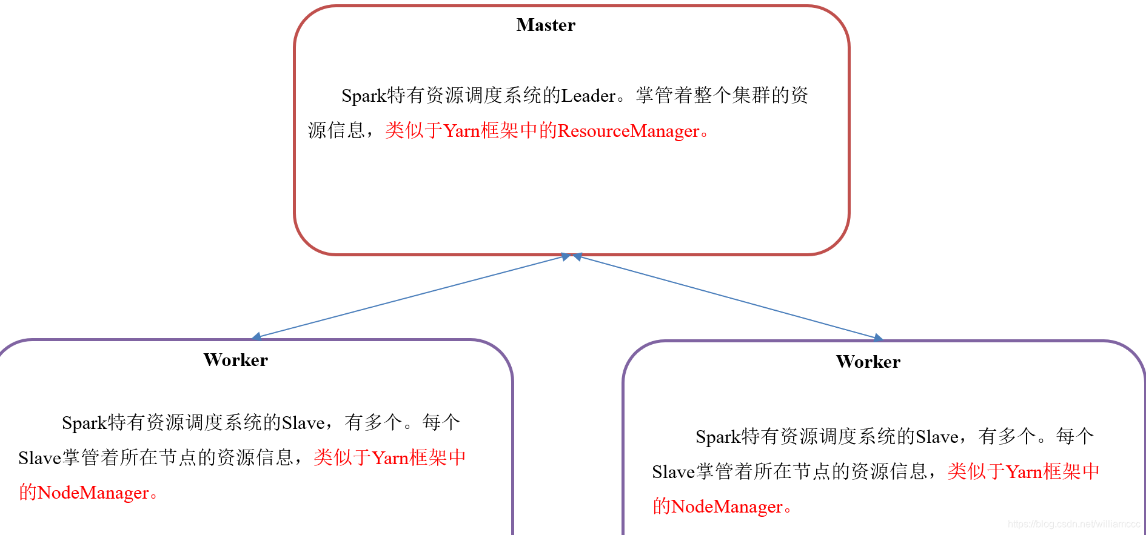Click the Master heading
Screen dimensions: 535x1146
pyautogui.click(x=546, y=25)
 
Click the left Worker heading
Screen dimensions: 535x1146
pyautogui.click(x=235, y=360)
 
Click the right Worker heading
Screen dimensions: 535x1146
pyautogui.click(x=868, y=362)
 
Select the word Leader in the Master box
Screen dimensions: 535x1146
pyautogui.click(x=588, y=96)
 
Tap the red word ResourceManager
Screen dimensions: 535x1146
pyautogui.click(x=628, y=131)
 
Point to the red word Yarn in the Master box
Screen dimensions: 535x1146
pyautogui.click(x=461, y=131)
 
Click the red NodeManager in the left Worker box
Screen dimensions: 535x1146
pyautogui.click(x=93, y=493)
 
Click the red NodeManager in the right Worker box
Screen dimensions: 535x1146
pyautogui.click(x=726, y=507)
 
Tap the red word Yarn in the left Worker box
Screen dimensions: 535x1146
pyautogui.click(x=390, y=458)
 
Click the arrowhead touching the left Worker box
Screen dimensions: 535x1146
pyautogui.click(x=257, y=336)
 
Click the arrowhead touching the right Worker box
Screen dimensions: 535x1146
pyautogui.click(x=877, y=337)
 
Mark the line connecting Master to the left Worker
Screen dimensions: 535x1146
pyautogui.click(x=412, y=296)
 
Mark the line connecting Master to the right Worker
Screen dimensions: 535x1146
pyautogui.click(x=728, y=297)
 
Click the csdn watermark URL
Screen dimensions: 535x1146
pyautogui.click(x=1073, y=524)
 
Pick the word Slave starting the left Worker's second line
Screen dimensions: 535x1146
pyautogui.click(x=39, y=458)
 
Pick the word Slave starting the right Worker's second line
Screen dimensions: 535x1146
pyautogui.click(x=673, y=472)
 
